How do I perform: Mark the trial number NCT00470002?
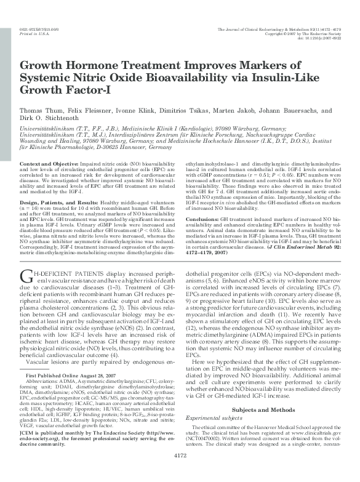[208, 456]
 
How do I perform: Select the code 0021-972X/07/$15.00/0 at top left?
[39, 29]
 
